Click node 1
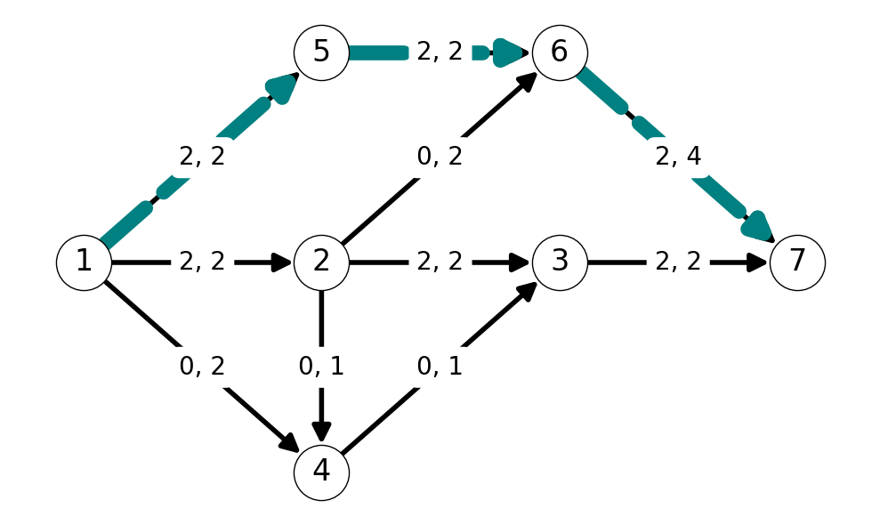pyautogui.click(x=84, y=262)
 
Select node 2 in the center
pyautogui.click(x=321, y=262)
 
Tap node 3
pyautogui.click(x=560, y=262)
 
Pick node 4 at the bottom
pyautogui.click(x=321, y=472)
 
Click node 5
pyautogui.click(x=321, y=52)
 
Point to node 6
pyautogui.click(x=560, y=52)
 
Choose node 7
pyautogui.click(x=797, y=262)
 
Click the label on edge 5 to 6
pyautogui.click(x=440, y=52)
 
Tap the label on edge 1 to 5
pyautogui.click(x=202, y=156)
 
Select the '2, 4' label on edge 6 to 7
pyautogui.click(x=678, y=156)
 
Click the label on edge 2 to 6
pyautogui.click(x=440, y=156)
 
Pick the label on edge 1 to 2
pyautogui.click(x=202, y=262)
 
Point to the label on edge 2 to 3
pyautogui.click(x=440, y=262)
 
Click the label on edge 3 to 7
pyautogui.click(x=678, y=262)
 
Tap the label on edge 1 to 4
pyautogui.click(x=202, y=366)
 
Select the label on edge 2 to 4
pyautogui.click(x=321, y=366)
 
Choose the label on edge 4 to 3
pyautogui.click(x=440, y=366)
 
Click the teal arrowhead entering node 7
pyautogui.click(x=759, y=227)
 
